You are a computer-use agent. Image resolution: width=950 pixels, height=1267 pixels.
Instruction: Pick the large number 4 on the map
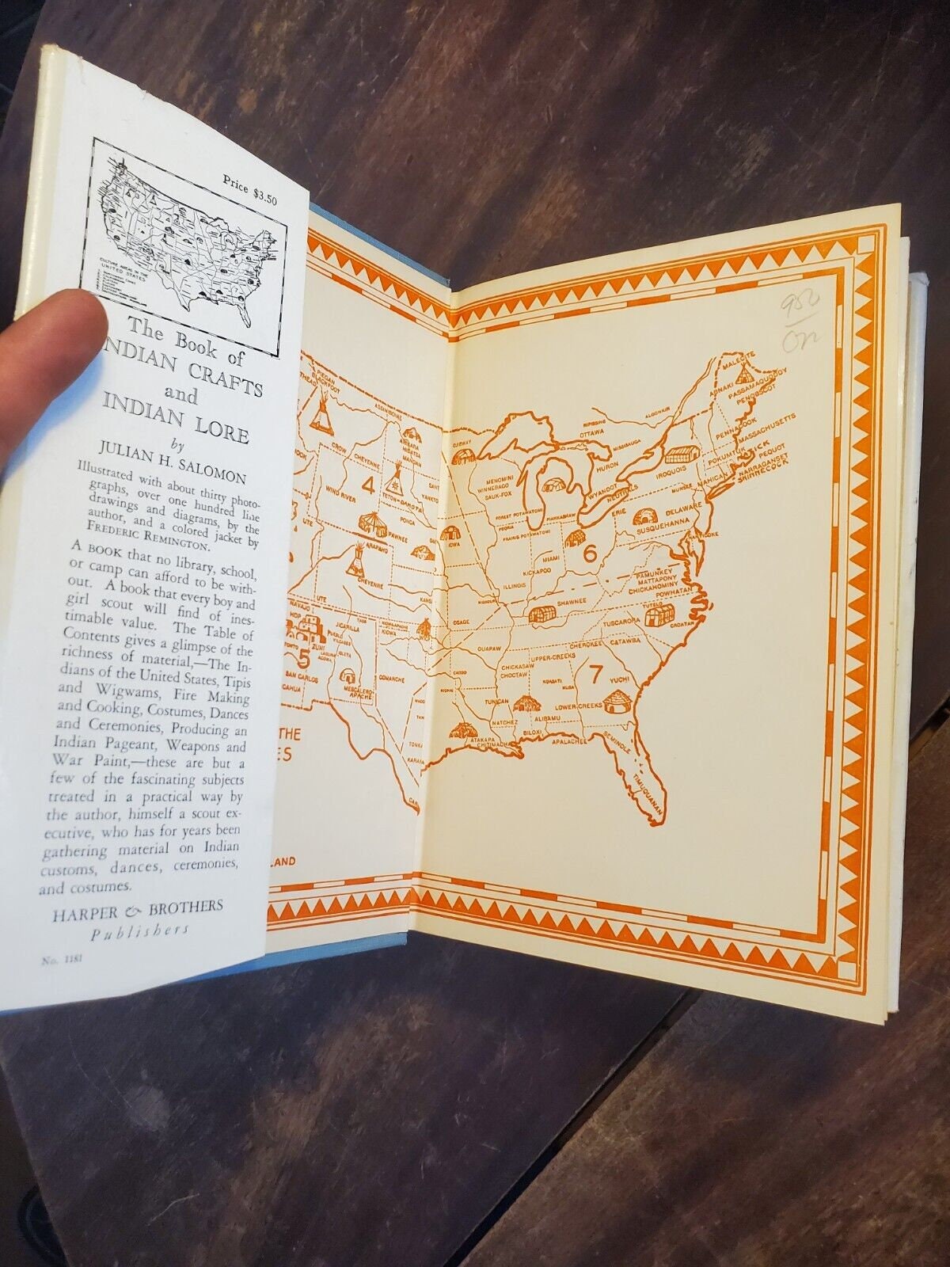tap(367, 482)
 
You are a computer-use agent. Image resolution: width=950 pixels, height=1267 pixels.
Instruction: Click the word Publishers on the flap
tap(139, 932)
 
